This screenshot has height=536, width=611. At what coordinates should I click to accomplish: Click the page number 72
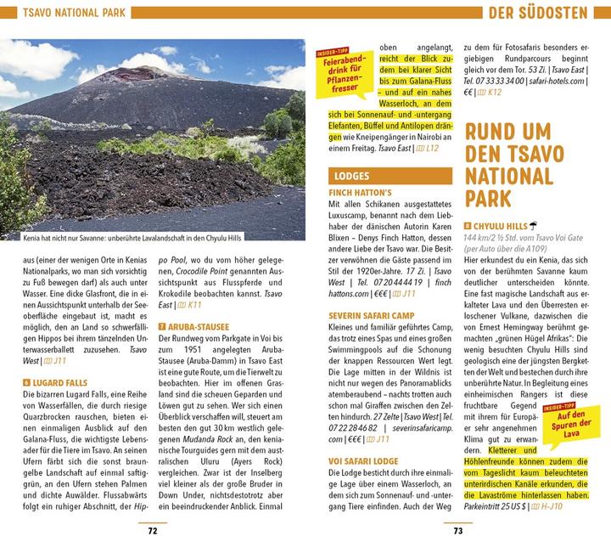pos(153,530)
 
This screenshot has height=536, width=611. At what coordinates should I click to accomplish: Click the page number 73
pos(457,530)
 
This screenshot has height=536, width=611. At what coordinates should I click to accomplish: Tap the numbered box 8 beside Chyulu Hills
pos(468,226)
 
